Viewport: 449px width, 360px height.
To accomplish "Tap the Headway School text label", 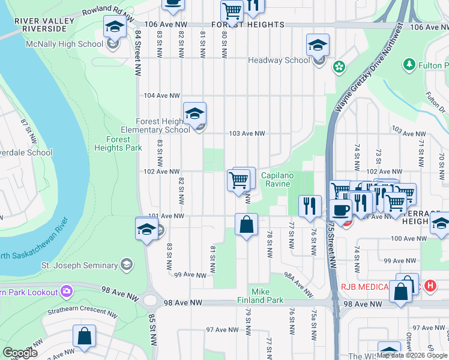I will click(x=279, y=60).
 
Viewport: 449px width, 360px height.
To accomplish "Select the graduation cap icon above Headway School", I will click(x=318, y=45).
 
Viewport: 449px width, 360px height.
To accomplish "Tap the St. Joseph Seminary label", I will click(x=79, y=265).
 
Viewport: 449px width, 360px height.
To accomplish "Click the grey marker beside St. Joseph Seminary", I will click(x=126, y=265).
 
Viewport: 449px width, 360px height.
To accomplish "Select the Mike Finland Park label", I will click(x=267, y=295).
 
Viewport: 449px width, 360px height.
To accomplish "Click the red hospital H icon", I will click(x=429, y=286).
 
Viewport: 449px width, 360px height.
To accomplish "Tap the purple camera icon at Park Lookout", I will click(x=67, y=292).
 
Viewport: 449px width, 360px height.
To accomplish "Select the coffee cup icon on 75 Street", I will click(x=340, y=211).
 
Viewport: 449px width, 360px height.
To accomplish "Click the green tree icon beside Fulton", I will click(x=409, y=64).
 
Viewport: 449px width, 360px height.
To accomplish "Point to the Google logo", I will click(x=20, y=353).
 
